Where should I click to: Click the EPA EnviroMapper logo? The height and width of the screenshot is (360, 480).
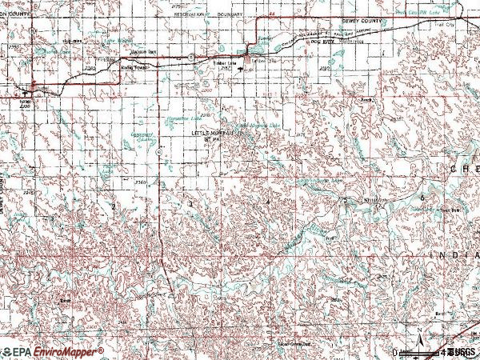pos(53,351)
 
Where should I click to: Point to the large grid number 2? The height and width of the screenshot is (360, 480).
pos(114,206)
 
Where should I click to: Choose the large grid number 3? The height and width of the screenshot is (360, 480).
pos(190,203)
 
